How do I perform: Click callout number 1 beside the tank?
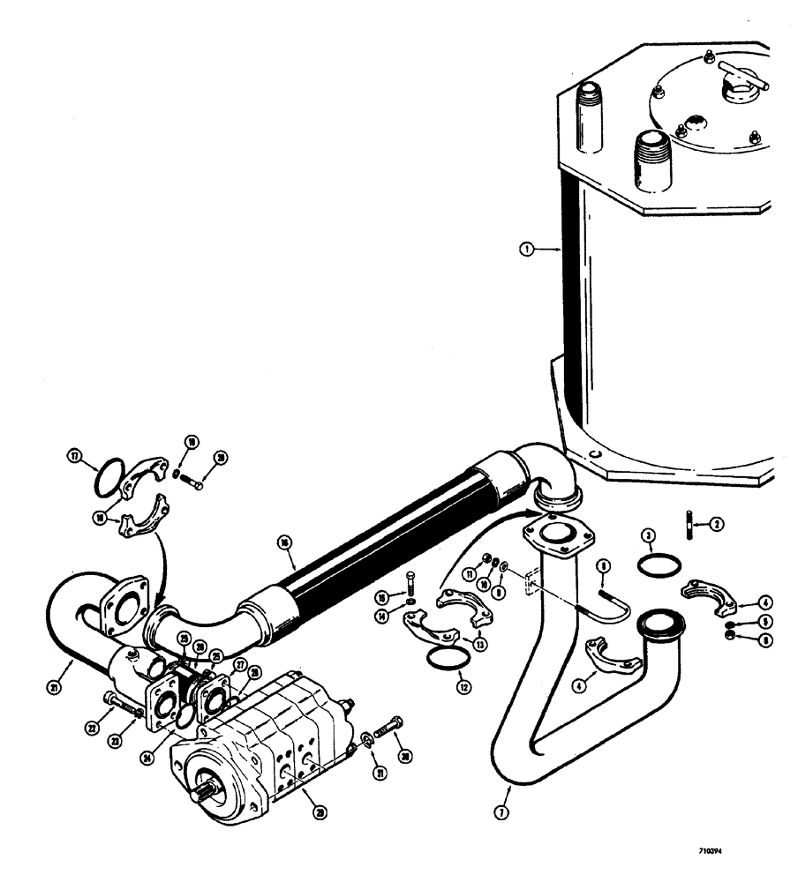pos(527,250)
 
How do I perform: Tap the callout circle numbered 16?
pos(283,542)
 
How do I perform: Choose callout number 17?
pos(74,456)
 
